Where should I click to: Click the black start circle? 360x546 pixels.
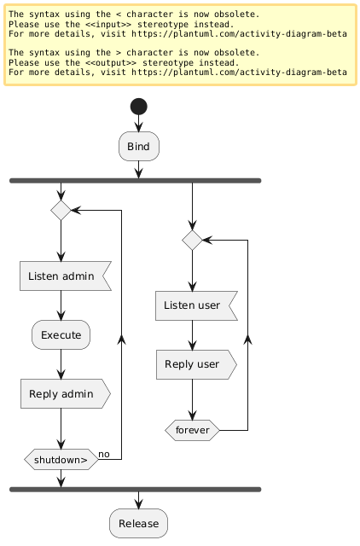(x=138, y=107)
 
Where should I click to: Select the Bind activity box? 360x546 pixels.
(x=138, y=147)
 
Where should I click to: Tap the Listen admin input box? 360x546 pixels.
(x=65, y=276)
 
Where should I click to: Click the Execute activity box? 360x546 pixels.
(x=61, y=335)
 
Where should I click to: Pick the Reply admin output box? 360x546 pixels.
(x=65, y=394)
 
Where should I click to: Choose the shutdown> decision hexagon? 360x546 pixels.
(x=61, y=460)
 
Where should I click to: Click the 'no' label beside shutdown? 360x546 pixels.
(x=104, y=454)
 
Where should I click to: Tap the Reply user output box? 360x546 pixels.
(x=195, y=364)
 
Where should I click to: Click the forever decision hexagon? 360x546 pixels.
(x=192, y=431)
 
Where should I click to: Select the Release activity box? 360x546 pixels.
(x=138, y=523)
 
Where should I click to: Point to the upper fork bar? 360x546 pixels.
(x=134, y=181)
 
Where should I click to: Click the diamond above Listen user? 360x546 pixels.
(x=192, y=241)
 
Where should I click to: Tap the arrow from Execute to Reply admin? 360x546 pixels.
(x=61, y=364)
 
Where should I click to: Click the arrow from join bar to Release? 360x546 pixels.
(x=138, y=500)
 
